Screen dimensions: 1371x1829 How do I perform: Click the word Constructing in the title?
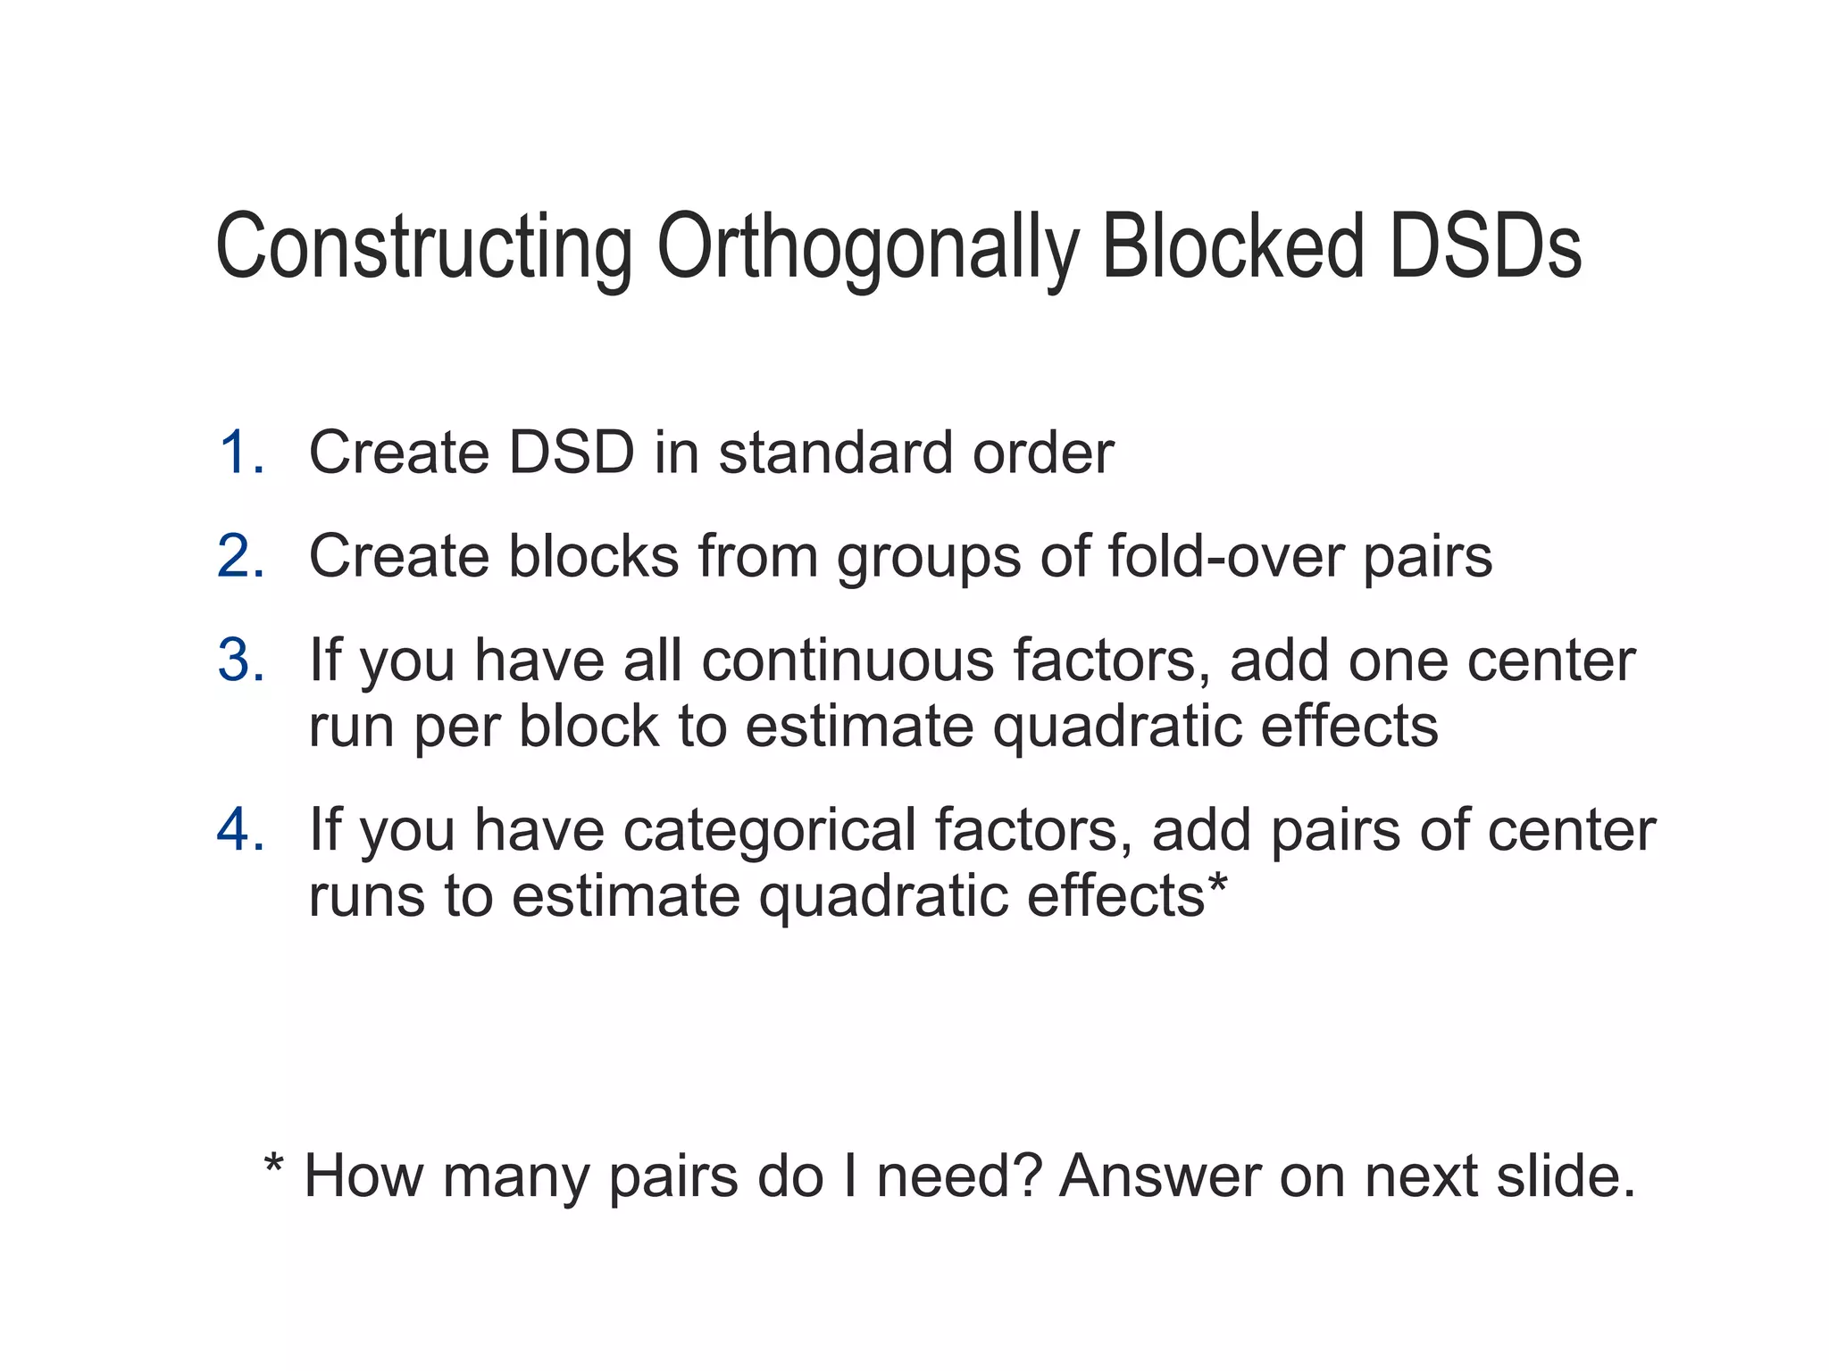tap(424, 247)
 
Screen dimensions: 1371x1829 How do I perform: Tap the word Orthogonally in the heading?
tap(867, 247)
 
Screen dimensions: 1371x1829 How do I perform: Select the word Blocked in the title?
tap(1233, 247)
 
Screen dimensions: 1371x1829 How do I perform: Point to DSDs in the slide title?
tap(1485, 247)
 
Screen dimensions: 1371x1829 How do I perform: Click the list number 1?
tap(240, 453)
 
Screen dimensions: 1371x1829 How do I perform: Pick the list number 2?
tap(240, 556)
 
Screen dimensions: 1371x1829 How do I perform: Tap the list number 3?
tap(240, 661)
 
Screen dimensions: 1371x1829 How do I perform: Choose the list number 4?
tap(240, 830)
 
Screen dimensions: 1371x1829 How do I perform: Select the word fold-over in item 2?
tap(1225, 556)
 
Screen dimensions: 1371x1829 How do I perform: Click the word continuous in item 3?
tap(847, 661)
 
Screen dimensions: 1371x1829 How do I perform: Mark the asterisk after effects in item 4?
tap(1217, 884)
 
